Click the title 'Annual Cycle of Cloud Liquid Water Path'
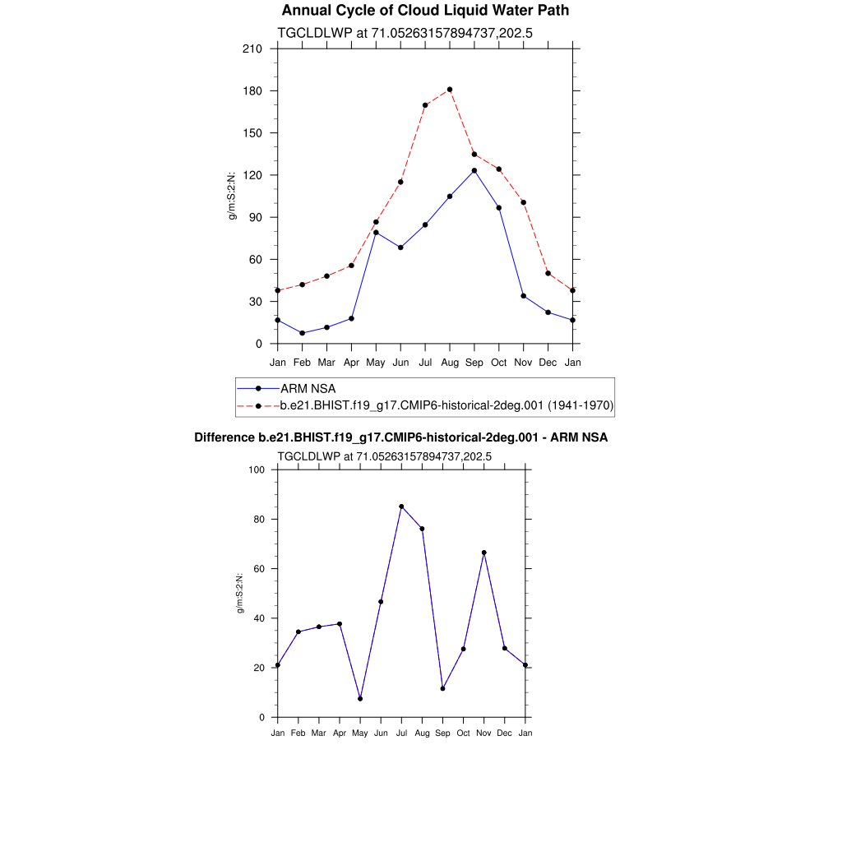425,11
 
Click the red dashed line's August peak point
450,90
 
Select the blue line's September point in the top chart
474,170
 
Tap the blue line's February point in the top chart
303,333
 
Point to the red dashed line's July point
425,105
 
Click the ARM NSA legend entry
308,388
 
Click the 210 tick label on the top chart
252,49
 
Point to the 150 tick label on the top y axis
252,133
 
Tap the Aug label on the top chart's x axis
450,363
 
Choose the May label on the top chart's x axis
376,363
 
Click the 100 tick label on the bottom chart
256,470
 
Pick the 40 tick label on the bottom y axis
258,618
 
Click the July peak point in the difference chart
401,507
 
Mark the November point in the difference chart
484,553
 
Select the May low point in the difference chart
360,699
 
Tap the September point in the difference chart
442,688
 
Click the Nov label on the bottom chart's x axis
484,733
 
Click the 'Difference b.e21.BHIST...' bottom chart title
401,437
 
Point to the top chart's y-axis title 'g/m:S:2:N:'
233,196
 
